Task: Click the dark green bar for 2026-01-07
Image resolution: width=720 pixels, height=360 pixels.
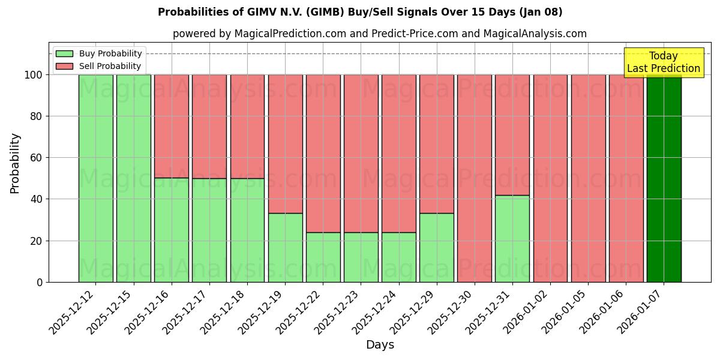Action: (664, 178)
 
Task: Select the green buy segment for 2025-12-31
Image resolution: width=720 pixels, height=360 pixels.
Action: (512, 238)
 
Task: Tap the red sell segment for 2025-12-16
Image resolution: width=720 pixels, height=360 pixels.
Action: (172, 126)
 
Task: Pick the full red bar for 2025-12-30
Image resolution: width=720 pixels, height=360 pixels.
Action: (475, 178)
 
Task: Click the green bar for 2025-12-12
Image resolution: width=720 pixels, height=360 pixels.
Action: (96, 178)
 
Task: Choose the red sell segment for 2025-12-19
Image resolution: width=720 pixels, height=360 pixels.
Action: (285, 144)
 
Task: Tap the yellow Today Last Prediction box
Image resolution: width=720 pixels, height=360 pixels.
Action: (663, 62)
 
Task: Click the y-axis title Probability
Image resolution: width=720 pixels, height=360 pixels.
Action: (15, 163)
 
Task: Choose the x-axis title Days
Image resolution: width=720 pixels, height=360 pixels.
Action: (380, 345)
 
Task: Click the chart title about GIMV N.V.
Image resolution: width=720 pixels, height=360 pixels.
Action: (360, 12)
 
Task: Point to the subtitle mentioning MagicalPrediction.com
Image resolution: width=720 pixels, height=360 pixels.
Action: (379, 34)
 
